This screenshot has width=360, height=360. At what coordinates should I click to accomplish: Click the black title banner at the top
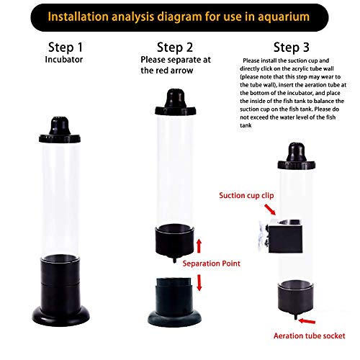[x=180, y=16]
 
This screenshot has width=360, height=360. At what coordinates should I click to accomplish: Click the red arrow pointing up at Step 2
[x=199, y=248]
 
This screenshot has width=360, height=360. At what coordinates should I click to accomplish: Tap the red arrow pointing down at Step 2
[x=199, y=282]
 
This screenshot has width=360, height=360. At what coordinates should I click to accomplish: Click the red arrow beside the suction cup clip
[x=270, y=208]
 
